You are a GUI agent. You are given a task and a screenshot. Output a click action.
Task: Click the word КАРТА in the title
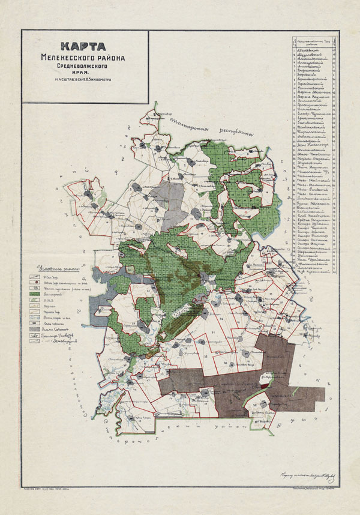tap(85, 46)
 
